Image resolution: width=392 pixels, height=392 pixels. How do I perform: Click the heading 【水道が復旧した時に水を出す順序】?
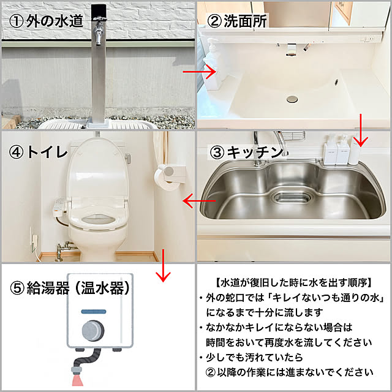click(x=294, y=283)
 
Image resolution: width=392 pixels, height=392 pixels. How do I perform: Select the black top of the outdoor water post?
click(x=99, y=13)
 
